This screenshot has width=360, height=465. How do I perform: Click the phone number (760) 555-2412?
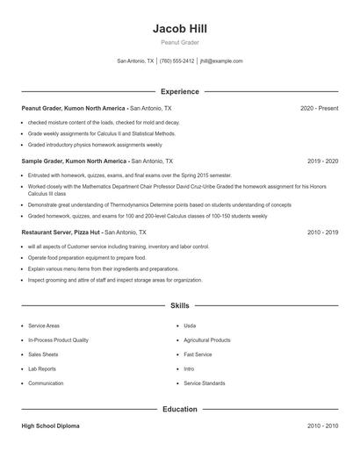177,61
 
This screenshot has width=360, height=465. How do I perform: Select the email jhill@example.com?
221,61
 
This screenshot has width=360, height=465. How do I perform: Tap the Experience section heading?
179,91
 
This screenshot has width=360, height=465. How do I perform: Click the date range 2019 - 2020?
322,161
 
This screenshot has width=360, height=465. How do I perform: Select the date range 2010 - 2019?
322,232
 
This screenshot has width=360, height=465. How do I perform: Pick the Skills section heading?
179,305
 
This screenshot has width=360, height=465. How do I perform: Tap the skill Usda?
190,325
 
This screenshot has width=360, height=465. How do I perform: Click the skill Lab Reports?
43,369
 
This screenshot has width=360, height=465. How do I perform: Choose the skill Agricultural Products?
207,340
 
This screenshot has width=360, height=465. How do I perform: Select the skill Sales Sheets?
43,354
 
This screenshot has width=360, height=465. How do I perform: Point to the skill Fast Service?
198,354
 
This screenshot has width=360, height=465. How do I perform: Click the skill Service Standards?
205,383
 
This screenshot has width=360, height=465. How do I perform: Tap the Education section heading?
179,409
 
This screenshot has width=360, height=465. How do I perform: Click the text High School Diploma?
51,426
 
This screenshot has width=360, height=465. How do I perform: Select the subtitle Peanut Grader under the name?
179,42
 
